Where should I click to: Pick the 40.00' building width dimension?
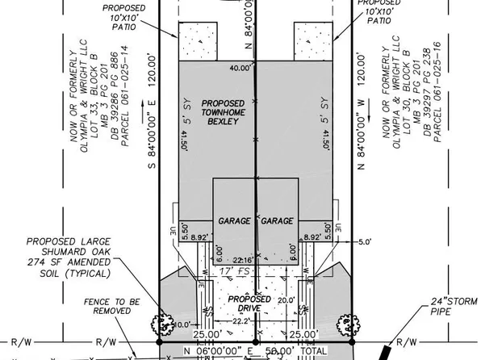click(x=240, y=68)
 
